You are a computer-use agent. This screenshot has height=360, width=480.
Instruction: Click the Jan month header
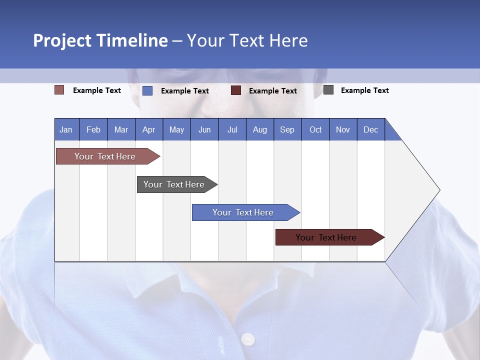pos(66,129)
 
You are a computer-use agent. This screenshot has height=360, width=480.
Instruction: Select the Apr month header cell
pos(149,129)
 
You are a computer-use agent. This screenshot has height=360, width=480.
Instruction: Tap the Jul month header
pos(232,129)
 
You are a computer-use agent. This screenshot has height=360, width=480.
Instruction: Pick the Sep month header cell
pos(287,129)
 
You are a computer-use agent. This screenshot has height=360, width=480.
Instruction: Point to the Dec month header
pos(370,129)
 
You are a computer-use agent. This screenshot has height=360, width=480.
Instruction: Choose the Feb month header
pos(93,129)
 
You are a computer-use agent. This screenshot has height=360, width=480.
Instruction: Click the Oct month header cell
pos(315,129)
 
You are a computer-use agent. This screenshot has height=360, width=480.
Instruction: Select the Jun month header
pos(204,129)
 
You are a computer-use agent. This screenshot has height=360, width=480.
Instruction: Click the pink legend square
pos(59,90)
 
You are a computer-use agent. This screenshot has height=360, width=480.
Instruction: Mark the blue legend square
pos(147,90)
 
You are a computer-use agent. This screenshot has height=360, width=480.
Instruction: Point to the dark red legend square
pos(236,90)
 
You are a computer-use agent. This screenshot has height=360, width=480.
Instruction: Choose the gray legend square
pos(328,90)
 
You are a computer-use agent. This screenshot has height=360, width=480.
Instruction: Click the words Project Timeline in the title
pos(100,40)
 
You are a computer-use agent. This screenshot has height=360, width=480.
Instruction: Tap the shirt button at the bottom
pos(248,339)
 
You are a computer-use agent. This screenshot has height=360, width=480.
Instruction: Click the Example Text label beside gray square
pos(364,90)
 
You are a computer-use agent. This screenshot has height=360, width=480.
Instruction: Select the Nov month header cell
pos(343,129)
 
